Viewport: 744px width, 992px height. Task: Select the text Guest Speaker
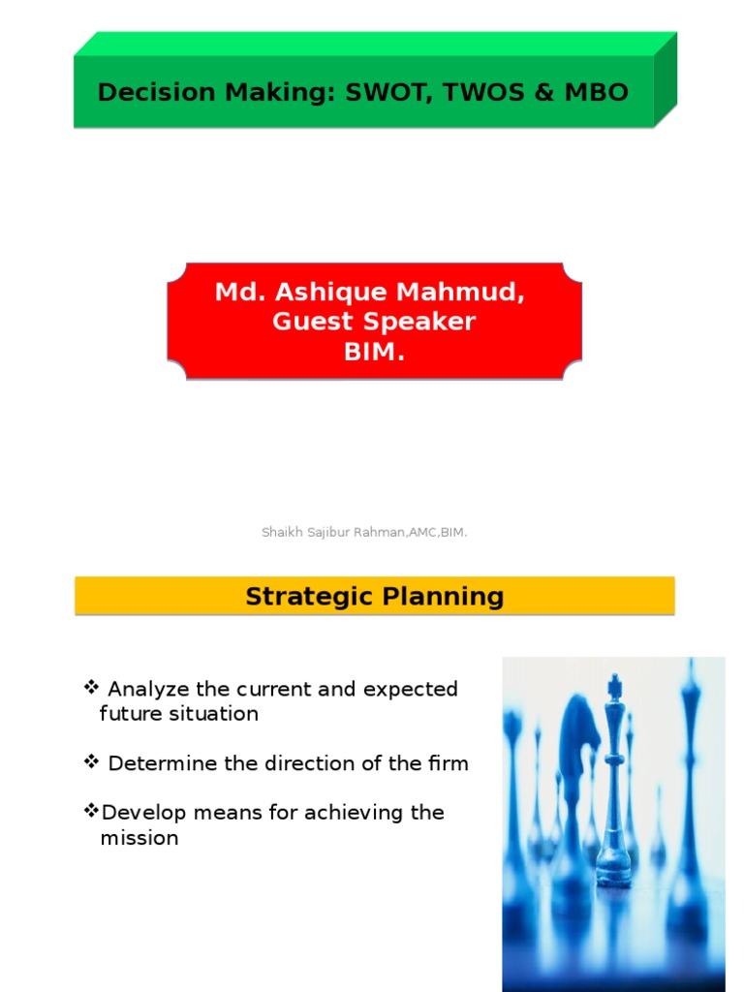point(374,322)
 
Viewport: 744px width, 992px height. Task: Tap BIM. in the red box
point(374,352)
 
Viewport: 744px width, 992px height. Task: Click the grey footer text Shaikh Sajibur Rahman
point(334,533)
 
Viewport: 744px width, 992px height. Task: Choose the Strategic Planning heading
point(374,596)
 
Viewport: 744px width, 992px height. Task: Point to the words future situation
point(179,714)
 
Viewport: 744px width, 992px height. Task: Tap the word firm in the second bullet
point(449,763)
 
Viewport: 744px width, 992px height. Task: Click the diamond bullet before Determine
point(92,762)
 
